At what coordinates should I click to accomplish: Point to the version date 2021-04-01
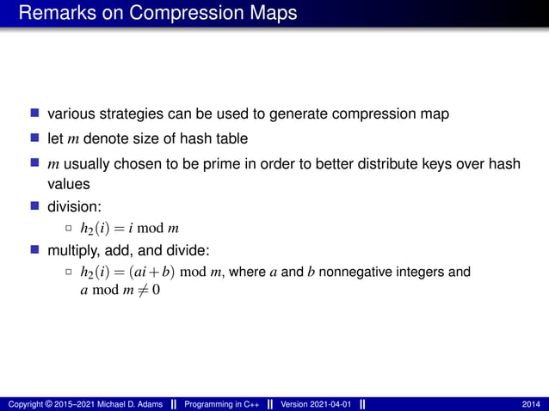327,404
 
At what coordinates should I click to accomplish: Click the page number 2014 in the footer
532,404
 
